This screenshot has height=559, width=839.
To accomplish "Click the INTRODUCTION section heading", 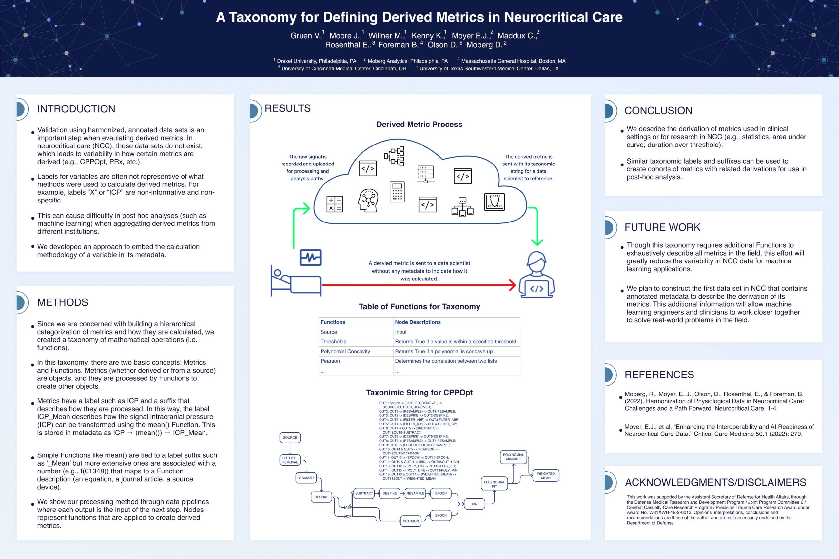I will click(x=76, y=109).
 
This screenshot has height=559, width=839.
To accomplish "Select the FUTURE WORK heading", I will click(x=662, y=227).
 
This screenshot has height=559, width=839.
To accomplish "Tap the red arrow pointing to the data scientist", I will click(x=419, y=285).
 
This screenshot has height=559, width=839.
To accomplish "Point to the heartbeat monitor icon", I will click(x=310, y=258).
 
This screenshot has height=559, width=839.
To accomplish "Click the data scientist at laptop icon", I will click(x=537, y=275).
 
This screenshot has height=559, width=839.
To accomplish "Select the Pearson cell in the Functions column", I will click(x=330, y=361).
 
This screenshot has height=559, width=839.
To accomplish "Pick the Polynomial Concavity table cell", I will click(x=345, y=352).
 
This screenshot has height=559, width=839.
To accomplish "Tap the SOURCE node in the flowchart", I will click(x=290, y=437).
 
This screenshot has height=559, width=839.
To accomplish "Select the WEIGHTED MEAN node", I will click(x=546, y=475).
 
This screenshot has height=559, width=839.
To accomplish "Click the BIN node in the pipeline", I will click(x=474, y=504).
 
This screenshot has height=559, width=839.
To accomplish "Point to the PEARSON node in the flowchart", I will click(x=411, y=521).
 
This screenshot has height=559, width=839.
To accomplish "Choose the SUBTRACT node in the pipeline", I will click(x=364, y=493).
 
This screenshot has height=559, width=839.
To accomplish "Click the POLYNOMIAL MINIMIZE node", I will click(x=513, y=457).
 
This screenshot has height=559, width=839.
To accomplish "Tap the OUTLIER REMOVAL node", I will click(x=289, y=460).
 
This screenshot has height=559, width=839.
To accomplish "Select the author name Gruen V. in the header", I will click(x=305, y=36).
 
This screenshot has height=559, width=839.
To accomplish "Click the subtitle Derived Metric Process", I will click(x=419, y=125).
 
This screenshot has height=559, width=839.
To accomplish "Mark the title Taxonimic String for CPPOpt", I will click(x=419, y=393).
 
